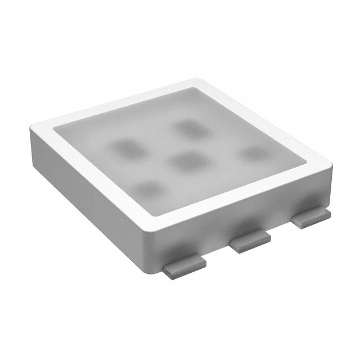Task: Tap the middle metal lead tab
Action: [250, 242]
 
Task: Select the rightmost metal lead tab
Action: [310, 218]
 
